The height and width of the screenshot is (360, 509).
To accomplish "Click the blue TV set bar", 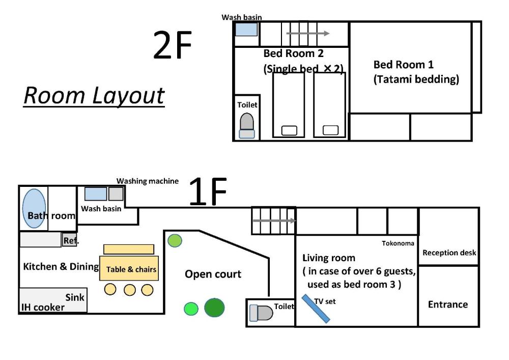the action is tap(316, 309).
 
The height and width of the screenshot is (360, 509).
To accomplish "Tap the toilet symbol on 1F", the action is tap(261, 313).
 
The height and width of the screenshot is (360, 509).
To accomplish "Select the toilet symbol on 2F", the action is tap(247, 126).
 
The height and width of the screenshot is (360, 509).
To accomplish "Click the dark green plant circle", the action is tap(214, 308).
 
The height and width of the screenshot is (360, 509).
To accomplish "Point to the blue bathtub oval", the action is tap(34, 208).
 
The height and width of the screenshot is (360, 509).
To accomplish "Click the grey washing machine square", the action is tap(116, 194).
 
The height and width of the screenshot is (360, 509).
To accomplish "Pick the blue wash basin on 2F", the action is tap(246, 30).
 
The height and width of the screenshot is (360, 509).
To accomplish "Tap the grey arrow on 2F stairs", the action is tap(308, 33).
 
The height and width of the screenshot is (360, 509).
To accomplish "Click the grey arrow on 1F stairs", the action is tap(274, 221).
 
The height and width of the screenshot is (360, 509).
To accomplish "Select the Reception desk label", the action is tap(449, 253).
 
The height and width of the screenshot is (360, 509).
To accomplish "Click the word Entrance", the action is tap(448, 304).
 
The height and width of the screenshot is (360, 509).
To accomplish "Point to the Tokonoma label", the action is tap(398, 243).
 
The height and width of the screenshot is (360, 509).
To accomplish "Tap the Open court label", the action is tap(213, 274).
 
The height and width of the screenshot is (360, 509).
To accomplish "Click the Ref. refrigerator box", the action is tap(69, 240).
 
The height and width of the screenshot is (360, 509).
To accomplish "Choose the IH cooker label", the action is tap(43, 307).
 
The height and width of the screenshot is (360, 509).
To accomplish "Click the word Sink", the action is tap(75, 297).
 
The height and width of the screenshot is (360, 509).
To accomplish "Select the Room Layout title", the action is tap(94, 96).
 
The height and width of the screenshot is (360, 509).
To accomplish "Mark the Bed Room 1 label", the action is tap(404, 65).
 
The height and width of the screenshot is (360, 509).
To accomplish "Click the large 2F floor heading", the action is tap(173, 45).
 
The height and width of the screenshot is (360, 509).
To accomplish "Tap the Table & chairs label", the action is tap(131, 269).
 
